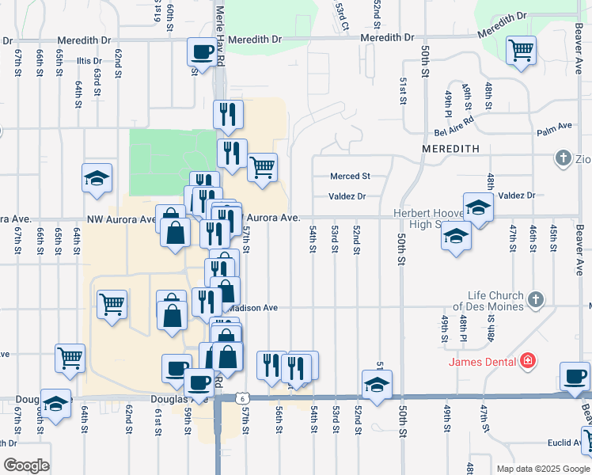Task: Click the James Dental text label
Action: [483, 363]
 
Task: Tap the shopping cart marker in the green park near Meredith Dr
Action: [522, 50]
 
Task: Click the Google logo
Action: [26, 465]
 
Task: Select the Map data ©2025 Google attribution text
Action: [542, 469]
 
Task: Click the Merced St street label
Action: [351, 176]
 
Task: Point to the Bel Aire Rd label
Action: [453, 120]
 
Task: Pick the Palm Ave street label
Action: [554, 126]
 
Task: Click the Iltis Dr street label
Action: [87, 61]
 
